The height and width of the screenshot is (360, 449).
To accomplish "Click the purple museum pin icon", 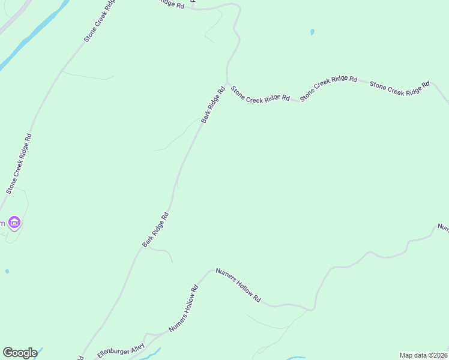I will (15, 223).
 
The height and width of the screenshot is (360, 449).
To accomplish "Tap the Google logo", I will (20, 353).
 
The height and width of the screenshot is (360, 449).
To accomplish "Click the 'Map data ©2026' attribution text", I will (424, 355).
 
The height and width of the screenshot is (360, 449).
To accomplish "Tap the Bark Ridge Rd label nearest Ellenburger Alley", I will (155, 230).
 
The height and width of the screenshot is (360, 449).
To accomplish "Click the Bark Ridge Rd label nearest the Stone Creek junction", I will (213, 105).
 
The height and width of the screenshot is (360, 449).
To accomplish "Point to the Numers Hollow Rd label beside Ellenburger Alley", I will (184, 308).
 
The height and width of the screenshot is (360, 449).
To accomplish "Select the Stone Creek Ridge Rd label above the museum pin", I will (19, 163).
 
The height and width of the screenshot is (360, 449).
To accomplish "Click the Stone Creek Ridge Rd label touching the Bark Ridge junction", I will (261, 94).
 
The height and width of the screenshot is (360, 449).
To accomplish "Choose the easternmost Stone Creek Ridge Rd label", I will (400, 88).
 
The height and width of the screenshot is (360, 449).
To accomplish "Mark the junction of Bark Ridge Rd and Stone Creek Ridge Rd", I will (227, 83).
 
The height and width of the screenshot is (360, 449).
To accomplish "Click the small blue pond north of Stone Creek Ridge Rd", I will (312, 32).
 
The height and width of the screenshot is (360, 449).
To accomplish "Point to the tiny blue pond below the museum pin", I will (7, 271).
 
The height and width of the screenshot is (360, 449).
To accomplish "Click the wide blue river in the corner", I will (30, 36).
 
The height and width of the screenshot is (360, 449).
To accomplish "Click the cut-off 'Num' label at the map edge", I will (443, 227).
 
